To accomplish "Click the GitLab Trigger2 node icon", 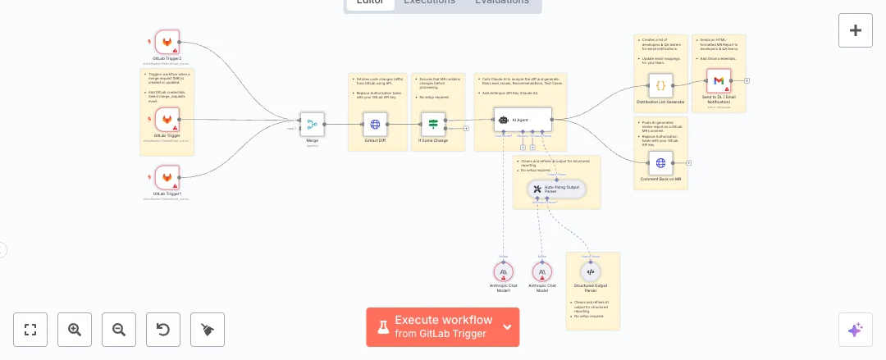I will click(x=167, y=42).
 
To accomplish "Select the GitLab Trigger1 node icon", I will click(x=167, y=177).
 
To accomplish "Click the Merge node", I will click(x=312, y=125).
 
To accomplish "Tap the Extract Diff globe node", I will click(x=375, y=125).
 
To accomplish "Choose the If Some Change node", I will click(x=433, y=125).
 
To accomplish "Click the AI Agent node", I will click(x=523, y=120).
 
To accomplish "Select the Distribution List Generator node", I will click(x=660, y=85).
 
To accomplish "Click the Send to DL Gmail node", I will click(x=718, y=80).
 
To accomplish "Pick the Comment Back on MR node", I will click(x=660, y=162).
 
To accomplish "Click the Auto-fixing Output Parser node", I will click(x=556, y=189).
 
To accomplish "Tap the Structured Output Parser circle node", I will click(x=591, y=271).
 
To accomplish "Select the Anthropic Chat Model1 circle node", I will click(x=504, y=271).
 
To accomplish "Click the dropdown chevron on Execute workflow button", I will click(x=507, y=327).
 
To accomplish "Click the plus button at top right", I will click(x=855, y=30).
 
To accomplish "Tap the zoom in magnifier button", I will click(x=75, y=330).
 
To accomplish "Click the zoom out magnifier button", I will click(x=119, y=330).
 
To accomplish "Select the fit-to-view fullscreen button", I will click(x=30, y=330).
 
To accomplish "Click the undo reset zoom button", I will click(x=163, y=330).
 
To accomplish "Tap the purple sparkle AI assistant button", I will click(x=855, y=330).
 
